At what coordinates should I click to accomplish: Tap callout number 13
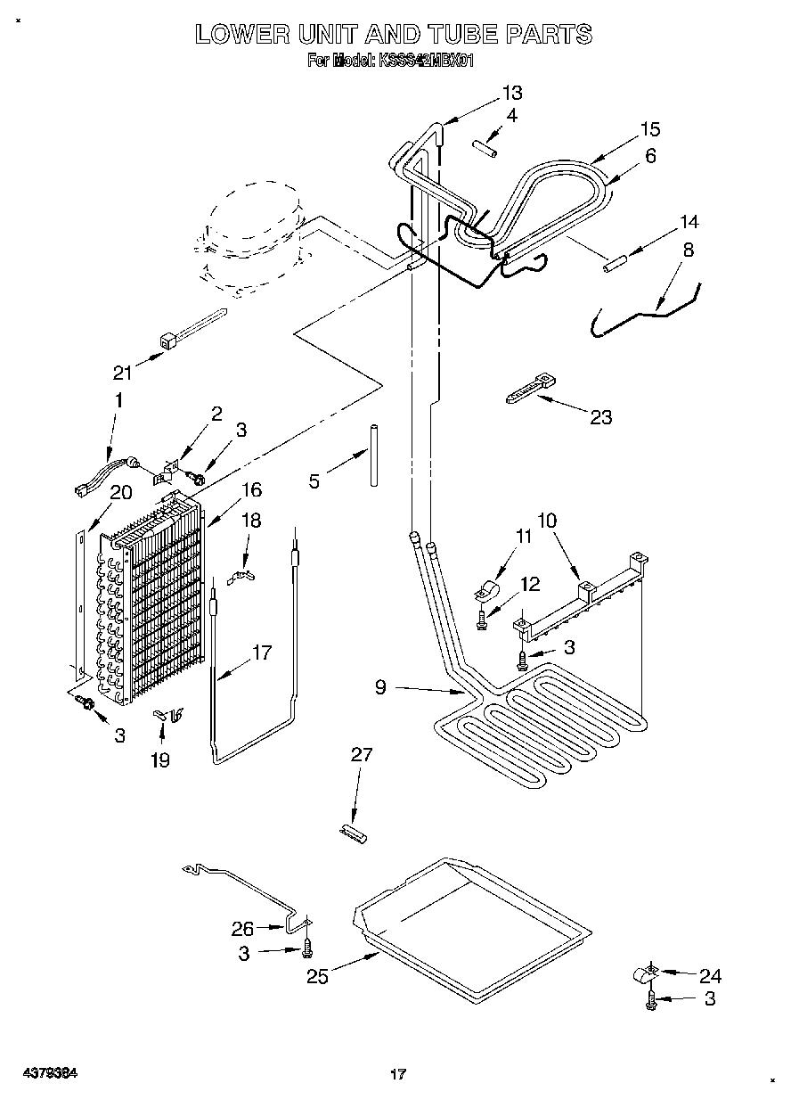511,93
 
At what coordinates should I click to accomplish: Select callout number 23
601,416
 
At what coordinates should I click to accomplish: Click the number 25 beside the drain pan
317,976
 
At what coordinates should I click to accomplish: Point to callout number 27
362,754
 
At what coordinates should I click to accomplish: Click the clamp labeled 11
485,591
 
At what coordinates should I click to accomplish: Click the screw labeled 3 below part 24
651,1001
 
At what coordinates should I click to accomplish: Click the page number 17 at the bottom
397,1074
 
